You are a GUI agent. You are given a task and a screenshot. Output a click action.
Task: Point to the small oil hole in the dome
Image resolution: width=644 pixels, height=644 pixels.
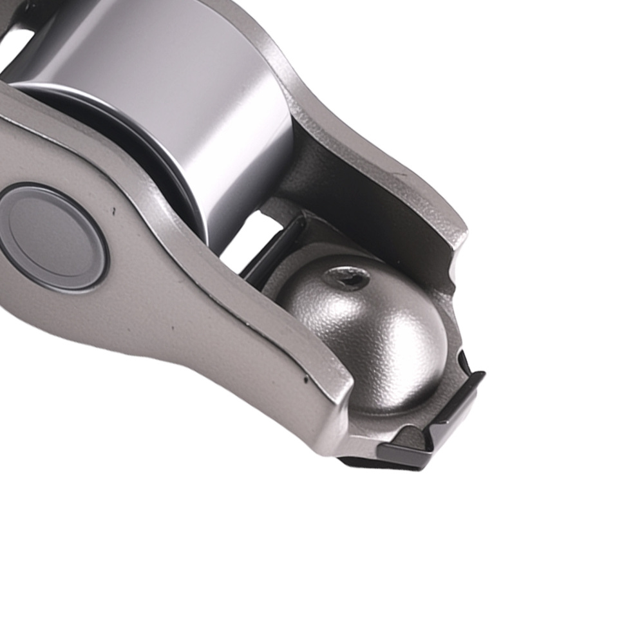[x=348, y=279]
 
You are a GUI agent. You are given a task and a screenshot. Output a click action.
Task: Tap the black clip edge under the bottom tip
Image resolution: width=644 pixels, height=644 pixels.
[x=386, y=461]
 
